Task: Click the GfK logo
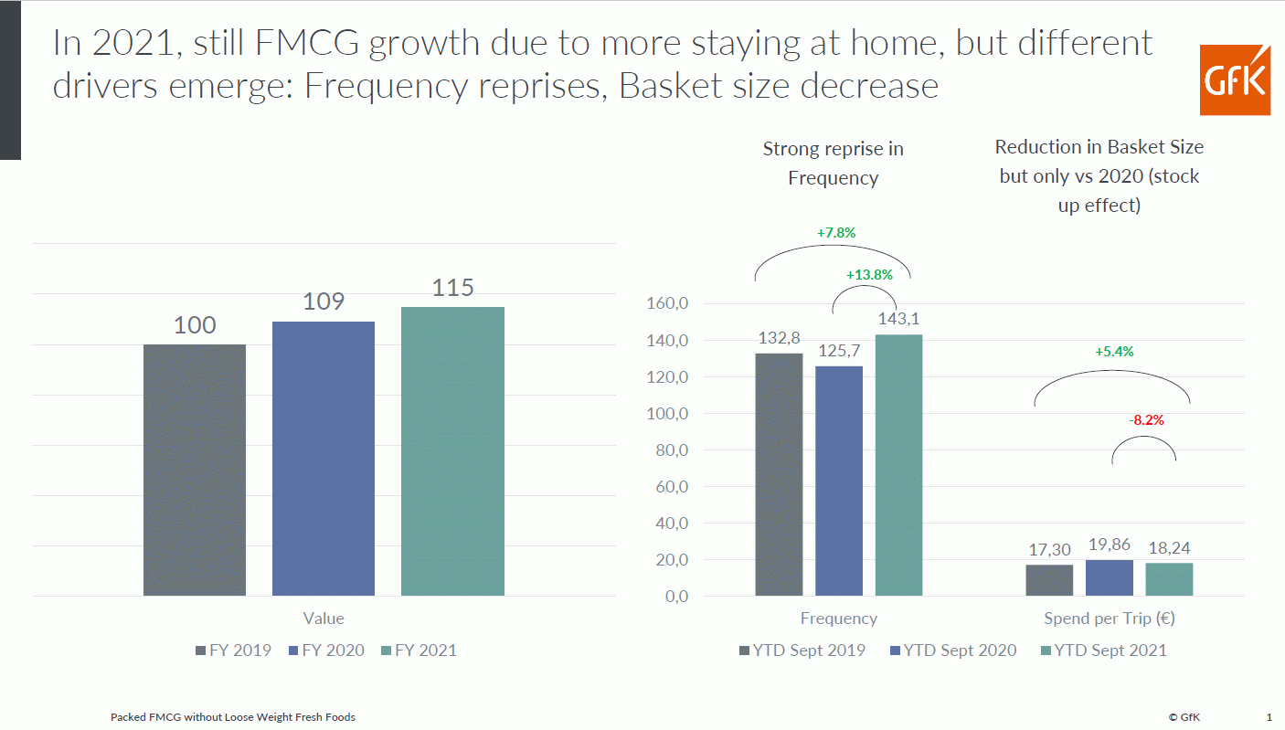1235,80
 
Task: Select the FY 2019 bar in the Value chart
195,470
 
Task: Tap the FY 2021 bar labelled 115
452,451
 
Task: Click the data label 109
324,302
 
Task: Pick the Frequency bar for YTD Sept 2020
839,481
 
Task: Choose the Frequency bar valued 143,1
898,465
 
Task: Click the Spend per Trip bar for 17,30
1049,580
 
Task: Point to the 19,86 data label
1110,545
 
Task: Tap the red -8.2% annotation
1146,420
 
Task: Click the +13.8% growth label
869,274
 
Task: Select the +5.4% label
1113,351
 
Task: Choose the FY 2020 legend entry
325,651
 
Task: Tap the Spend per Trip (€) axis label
1110,619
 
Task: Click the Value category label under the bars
324,619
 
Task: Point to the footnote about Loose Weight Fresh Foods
233,717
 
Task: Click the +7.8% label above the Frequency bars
836,232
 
